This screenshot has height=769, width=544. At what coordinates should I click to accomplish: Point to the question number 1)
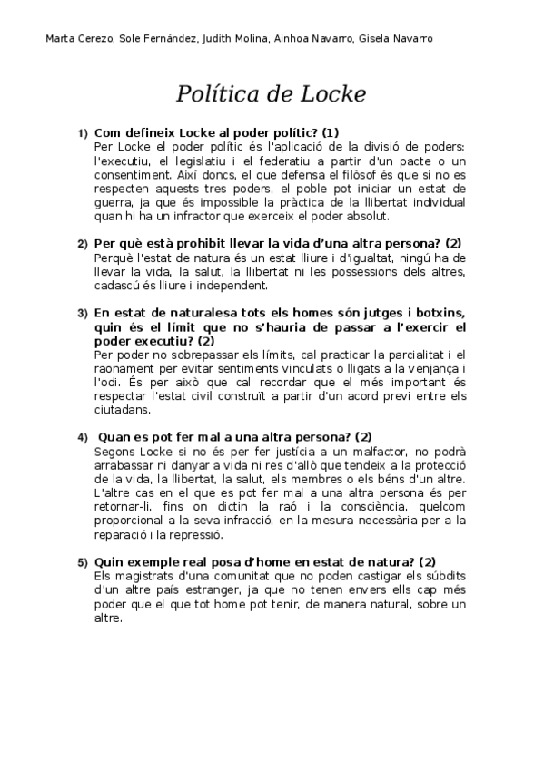83,133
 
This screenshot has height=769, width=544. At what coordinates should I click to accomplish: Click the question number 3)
83,313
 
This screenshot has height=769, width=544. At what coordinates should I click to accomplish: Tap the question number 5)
83,562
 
